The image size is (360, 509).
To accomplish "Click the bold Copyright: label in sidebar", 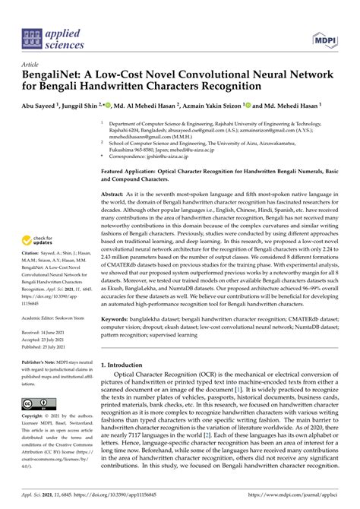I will click(36, 417).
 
